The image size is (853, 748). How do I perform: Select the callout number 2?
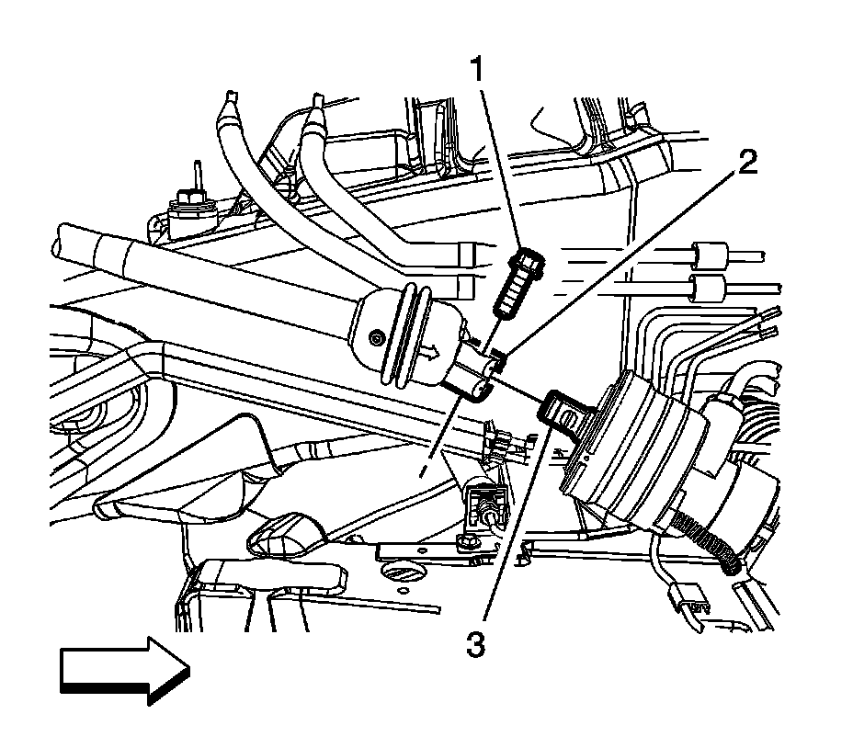click(745, 164)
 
